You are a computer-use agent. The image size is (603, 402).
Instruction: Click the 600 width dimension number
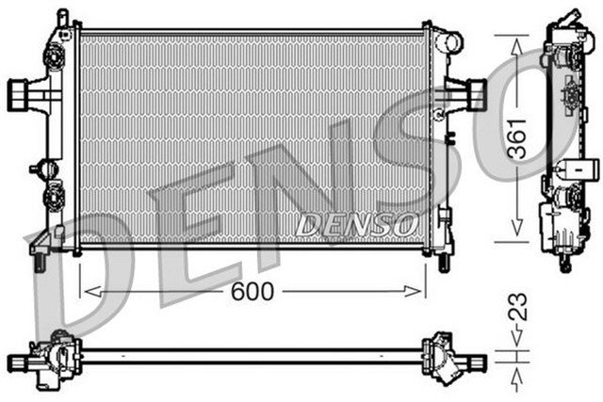coord(252,292)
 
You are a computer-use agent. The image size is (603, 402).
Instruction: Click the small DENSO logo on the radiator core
coord(356,225)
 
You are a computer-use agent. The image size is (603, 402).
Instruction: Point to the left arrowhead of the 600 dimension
coord(88,292)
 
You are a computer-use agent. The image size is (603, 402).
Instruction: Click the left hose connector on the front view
coord(21,92)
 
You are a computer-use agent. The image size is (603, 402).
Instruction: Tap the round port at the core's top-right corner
coord(453,42)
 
